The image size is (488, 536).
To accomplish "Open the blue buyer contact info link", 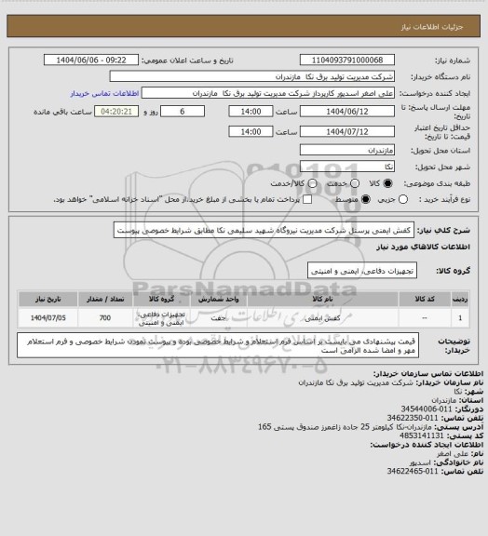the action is pos(105,94).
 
